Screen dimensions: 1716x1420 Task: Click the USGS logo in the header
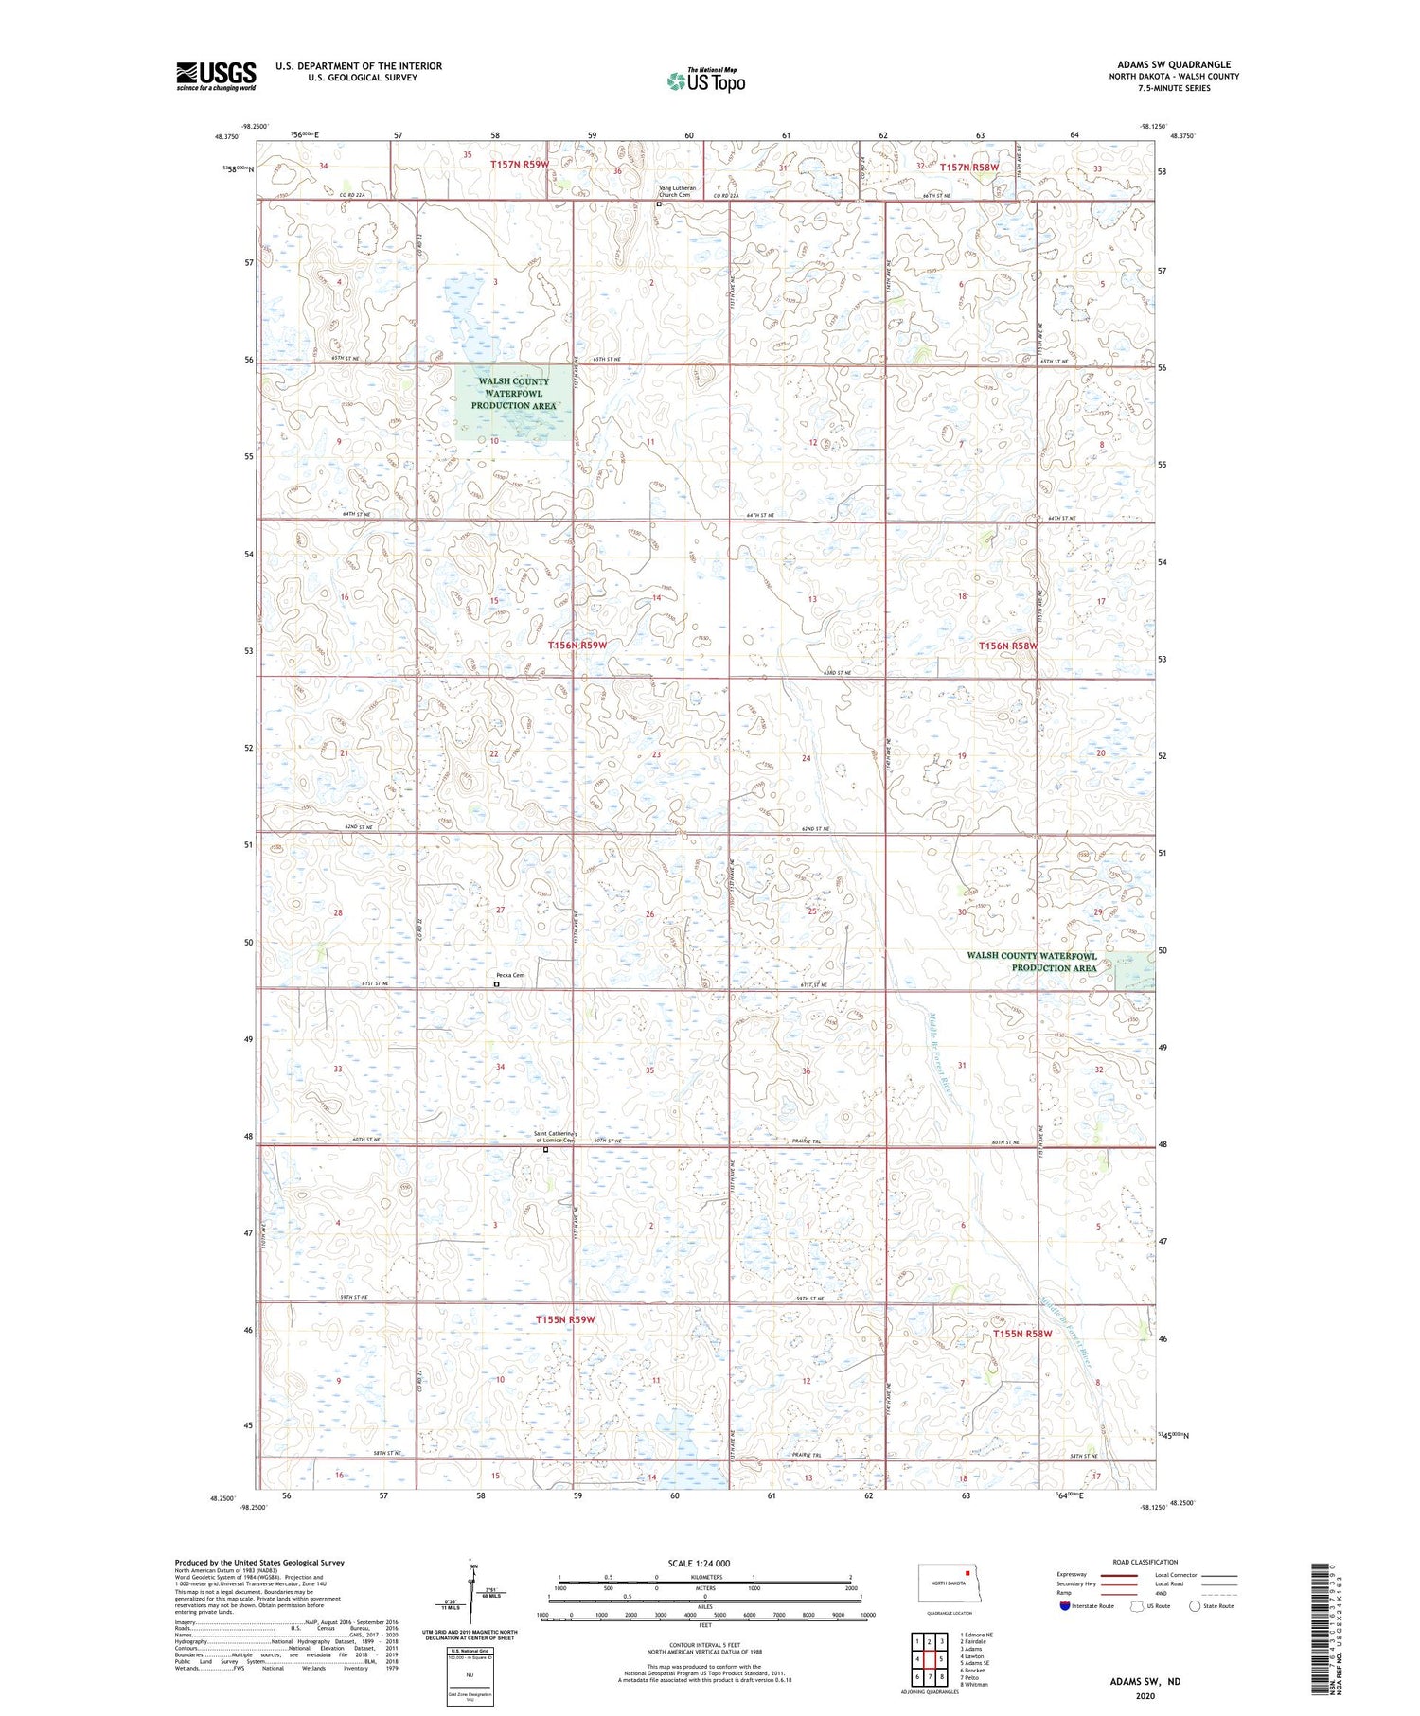pos(216,76)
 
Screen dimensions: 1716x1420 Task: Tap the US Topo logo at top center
pos(705,81)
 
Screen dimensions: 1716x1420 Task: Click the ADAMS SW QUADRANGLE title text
pos(1174,65)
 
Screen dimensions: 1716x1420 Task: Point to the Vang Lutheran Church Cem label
pos(677,191)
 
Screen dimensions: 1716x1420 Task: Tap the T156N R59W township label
pos(577,645)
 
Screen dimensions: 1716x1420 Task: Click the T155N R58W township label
pos(1022,1334)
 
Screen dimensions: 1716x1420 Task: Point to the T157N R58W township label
pos(969,167)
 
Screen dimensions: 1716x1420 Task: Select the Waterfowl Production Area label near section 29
pos(1031,962)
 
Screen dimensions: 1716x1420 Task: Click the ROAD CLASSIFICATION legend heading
pos(1145,1562)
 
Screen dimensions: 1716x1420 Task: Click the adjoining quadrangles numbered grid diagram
pos(930,1660)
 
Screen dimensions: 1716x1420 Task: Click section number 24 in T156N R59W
pos(806,758)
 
